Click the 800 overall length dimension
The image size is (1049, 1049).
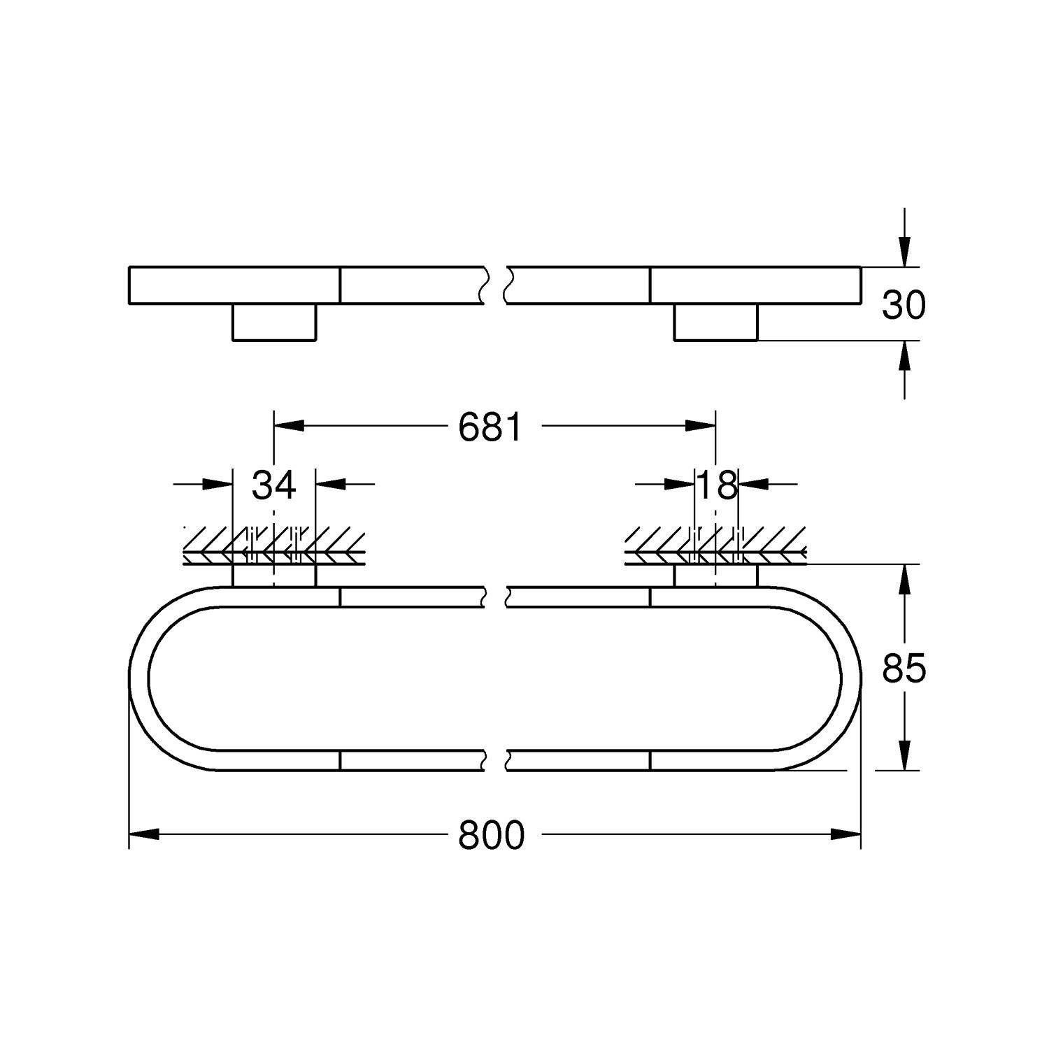coord(491,834)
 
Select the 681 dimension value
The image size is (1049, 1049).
coord(490,427)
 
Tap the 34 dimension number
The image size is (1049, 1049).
coord(273,484)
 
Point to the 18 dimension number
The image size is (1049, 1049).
coord(717,484)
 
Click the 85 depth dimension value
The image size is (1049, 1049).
coord(904,669)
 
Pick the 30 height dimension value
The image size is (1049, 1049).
coord(904,305)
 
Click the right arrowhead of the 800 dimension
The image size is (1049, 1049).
coord(845,834)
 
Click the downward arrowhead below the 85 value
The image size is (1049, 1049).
coord(905,755)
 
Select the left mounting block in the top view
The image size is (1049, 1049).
coord(274,322)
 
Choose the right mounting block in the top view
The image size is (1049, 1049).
coord(715,322)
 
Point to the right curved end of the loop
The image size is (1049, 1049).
coord(851,678)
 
